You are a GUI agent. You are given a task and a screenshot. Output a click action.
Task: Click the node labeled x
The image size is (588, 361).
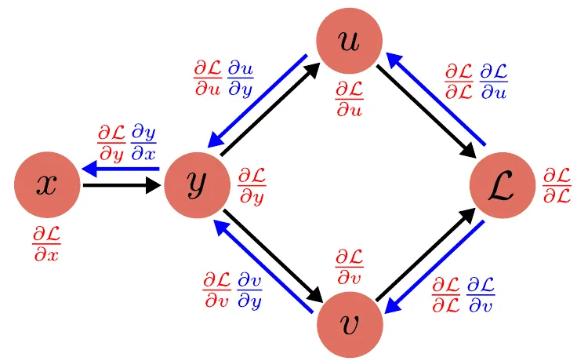(x=47, y=185)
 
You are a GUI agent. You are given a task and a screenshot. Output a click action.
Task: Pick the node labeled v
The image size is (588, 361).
(x=349, y=325)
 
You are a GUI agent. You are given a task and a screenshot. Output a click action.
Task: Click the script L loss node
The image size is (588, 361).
(x=502, y=185)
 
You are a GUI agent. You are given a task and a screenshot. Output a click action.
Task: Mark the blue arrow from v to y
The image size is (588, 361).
(x=261, y=268)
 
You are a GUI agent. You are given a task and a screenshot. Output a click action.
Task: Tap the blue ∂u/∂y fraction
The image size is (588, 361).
(x=240, y=77)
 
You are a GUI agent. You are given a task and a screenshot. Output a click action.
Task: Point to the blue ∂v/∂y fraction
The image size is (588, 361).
(x=250, y=290)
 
